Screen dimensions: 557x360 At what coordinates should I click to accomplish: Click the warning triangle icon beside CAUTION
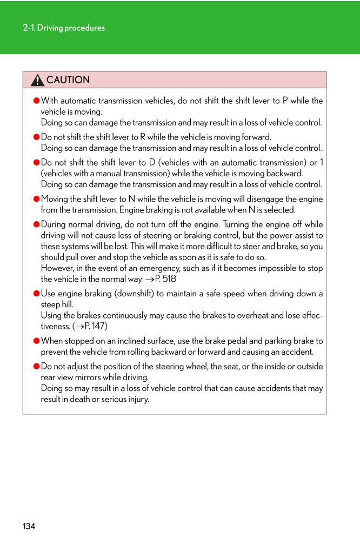(37, 80)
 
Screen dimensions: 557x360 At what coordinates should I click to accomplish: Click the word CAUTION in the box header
(68, 80)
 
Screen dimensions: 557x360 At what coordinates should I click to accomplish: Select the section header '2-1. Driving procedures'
(64, 28)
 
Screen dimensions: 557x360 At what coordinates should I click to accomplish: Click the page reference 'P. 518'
(165, 279)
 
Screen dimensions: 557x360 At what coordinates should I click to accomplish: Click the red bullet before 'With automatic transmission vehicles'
(37, 101)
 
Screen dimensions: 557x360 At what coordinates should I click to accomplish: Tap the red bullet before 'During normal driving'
(37, 224)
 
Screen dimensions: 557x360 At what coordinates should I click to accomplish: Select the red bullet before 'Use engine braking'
(37, 294)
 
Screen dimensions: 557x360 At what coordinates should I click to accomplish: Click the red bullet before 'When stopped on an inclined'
(37, 341)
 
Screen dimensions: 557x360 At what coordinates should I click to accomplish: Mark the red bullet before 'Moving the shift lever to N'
(37, 199)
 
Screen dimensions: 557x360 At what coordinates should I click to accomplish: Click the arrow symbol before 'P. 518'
(150, 280)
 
